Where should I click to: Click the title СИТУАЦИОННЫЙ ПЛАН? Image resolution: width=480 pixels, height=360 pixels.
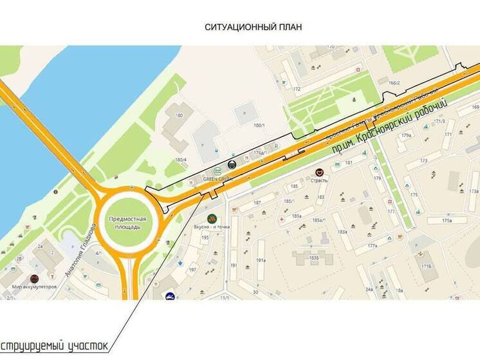253,27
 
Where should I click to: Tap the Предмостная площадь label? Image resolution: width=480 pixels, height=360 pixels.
127,223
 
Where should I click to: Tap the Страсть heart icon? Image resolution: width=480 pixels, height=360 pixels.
319,172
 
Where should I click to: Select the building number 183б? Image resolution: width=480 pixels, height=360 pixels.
314,258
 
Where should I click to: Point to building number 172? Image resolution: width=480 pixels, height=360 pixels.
296,89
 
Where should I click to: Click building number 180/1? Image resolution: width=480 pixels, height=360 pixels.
259,125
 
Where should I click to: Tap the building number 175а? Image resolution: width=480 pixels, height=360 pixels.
448,220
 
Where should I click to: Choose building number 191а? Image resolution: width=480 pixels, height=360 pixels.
261,260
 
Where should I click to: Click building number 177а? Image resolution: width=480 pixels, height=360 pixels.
371,246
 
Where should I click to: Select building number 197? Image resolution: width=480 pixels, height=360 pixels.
192,269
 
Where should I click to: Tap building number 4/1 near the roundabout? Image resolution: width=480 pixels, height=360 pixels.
98,253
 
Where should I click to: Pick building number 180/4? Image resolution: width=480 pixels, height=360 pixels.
180,160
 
